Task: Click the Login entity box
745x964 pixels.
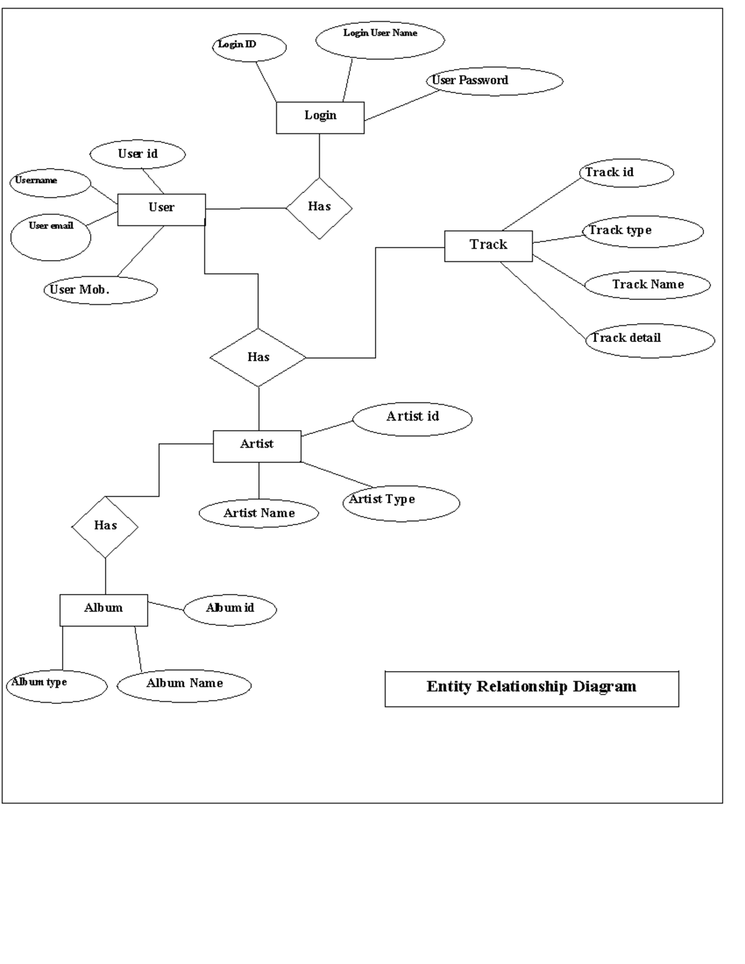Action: pos(320,117)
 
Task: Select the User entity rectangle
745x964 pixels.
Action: pos(161,209)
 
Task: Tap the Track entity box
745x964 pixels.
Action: pos(488,246)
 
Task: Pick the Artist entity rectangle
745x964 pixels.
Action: pos(257,446)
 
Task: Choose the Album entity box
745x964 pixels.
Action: pos(104,610)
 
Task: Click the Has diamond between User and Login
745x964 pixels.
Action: pos(319,208)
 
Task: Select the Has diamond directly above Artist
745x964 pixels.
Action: pos(258,358)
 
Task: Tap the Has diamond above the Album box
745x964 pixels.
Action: pos(105,526)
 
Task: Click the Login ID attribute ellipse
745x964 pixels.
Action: pos(249,47)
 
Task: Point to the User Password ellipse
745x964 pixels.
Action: pos(495,81)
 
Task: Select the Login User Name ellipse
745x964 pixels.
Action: pos(380,40)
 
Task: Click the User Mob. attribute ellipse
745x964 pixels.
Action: pos(101,290)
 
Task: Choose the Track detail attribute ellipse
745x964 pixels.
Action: pos(650,340)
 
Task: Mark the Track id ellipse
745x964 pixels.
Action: pos(626,173)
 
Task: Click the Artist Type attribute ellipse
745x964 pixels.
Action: pos(401,503)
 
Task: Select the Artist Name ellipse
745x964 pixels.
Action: pos(259,513)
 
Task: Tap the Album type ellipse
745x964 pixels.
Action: pos(56,686)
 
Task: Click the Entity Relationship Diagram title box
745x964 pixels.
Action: pos(531,688)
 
